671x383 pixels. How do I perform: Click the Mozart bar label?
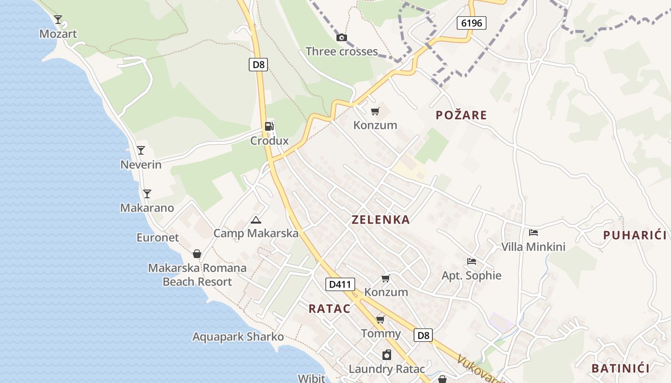coord(58,34)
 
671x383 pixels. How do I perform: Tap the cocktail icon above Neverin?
coord(140,150)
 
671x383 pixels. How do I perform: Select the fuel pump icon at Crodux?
coord(269,126)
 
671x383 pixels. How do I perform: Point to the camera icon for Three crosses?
coord(341,37)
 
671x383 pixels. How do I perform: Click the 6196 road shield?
coord(471,23)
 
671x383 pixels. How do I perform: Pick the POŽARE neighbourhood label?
coord(461,115)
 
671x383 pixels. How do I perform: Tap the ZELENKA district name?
coord(381,220)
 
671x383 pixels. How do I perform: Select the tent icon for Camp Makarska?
coord(256,220)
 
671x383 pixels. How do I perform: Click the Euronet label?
coord(158,237)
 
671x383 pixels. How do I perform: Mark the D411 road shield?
coord(340,284)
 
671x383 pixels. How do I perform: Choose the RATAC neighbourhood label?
coord(329,309)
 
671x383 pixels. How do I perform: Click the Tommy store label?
coord(381,334)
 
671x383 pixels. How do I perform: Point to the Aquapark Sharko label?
coord(238,337)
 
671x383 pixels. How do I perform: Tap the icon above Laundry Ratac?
coord(386,355)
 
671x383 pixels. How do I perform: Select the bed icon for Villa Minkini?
coord(533,233)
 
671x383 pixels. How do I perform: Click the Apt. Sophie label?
coord(471,276)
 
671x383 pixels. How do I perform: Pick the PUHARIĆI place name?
coord(635,235)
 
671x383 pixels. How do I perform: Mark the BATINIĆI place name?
coord(620,368)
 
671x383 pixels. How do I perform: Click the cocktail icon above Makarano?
coord(147,194)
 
